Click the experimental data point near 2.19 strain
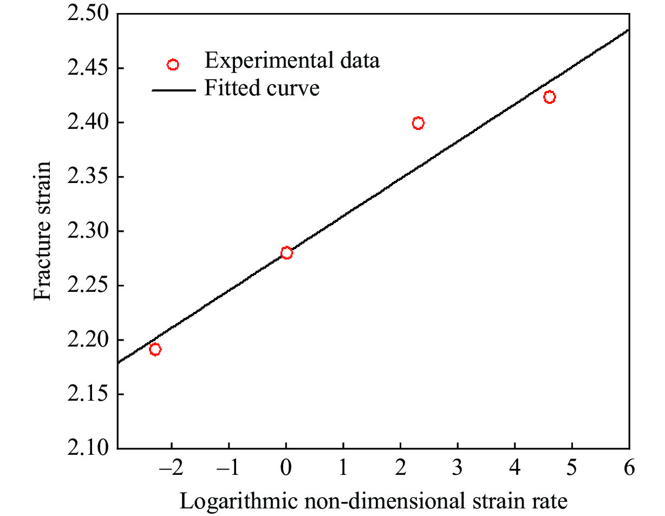155,349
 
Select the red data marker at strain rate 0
286,253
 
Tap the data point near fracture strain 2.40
418,123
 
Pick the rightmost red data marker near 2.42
550,97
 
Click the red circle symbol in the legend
173,65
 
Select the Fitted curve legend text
262,88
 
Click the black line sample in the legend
173,90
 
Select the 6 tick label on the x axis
629,468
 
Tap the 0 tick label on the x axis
286,468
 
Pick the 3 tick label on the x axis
458,468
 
